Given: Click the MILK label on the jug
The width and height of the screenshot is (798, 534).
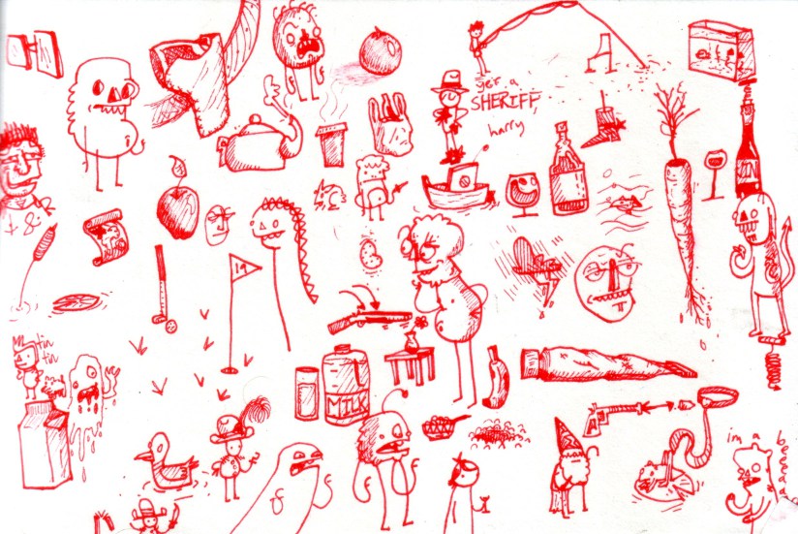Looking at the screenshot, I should (x=345, y=397).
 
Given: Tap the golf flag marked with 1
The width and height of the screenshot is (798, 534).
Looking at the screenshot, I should (x=239, y=265).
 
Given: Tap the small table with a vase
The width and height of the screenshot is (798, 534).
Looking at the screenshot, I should (x=411, y=362).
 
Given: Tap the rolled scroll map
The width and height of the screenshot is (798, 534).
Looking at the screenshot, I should (x=107, y=236).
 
